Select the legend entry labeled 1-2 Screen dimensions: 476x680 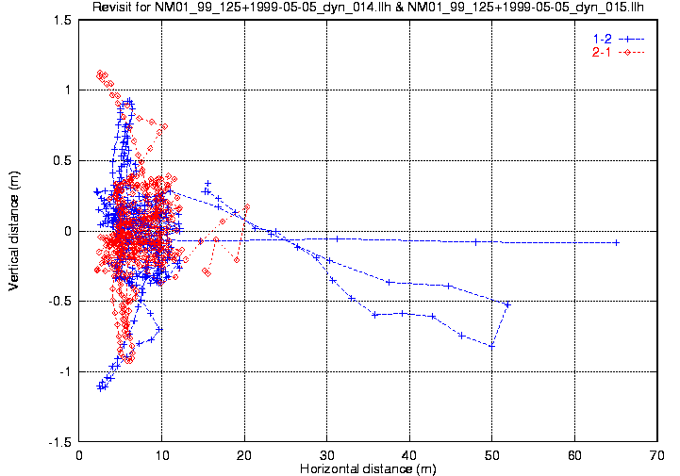click(x=600, y=39)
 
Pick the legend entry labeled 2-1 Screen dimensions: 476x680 click(x=600, y=52)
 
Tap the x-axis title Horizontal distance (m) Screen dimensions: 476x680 click(x=369, y=468)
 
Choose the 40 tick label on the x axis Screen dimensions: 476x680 click(x=409, y=454)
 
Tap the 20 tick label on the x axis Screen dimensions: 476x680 click(x=244, y=454)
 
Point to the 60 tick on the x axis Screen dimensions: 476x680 click(x=574, y=454)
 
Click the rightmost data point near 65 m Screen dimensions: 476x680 click(x=617, y=242)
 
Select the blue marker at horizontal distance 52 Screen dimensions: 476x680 click(x=508, y=304)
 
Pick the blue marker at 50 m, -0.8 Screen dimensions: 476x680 click(x=491, y=346)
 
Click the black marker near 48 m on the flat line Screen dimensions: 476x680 click(x=476, y=241)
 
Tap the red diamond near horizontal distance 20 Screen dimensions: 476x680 click(x=247, y=206)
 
